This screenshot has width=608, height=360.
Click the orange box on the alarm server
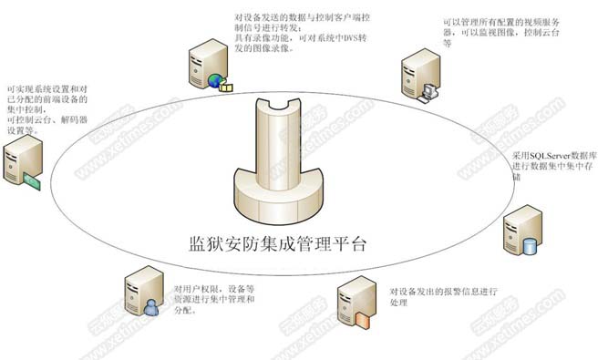[x=364, y=319]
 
